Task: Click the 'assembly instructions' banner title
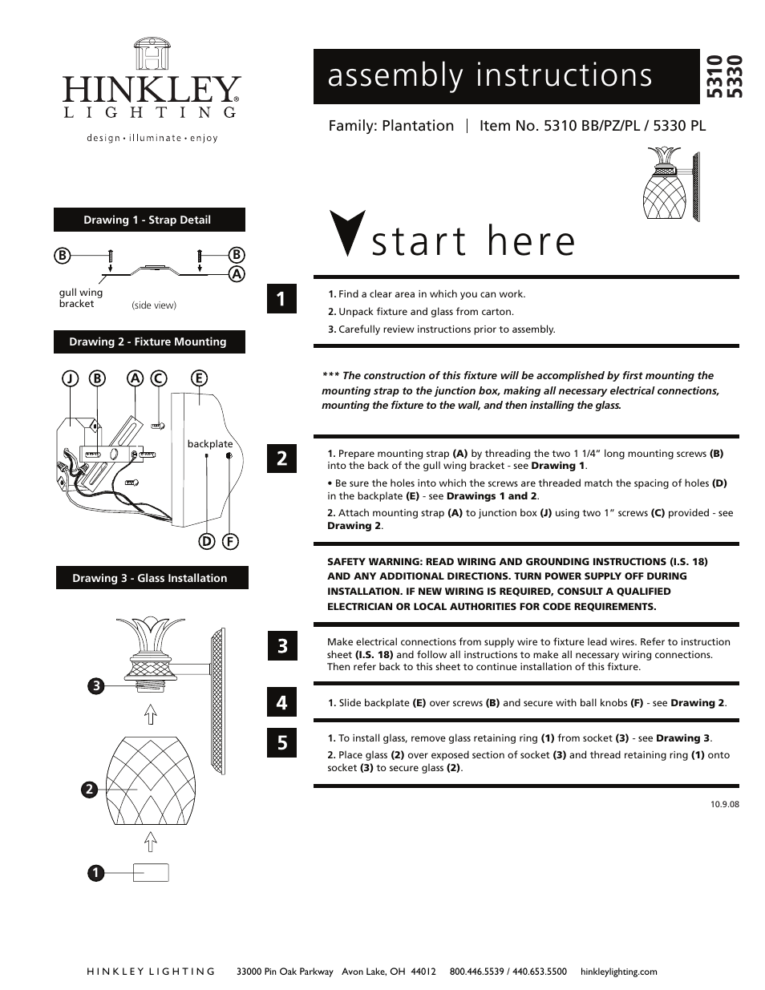(490, 75)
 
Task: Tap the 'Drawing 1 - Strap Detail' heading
(148, 220)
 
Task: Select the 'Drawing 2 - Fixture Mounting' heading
(148, 341)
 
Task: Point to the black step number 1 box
(281, 300)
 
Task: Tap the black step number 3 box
(281, 645)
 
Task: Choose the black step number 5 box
(281, 742)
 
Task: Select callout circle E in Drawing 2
(198, 378)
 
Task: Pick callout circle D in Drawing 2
(206, 541)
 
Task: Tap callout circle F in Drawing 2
(230, 541)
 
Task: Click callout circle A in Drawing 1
(237, 273)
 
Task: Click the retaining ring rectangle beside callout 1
(150, 872)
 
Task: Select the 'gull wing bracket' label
(80, 298)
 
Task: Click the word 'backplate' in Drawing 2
(209, 443)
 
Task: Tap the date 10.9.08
(724, 804)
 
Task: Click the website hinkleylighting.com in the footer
(617, 972)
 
